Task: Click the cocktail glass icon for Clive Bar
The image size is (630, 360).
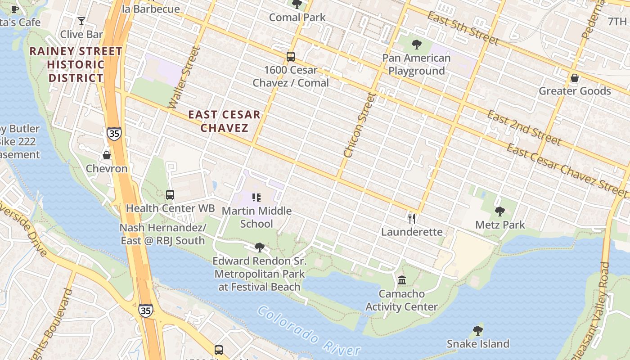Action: [81, 21]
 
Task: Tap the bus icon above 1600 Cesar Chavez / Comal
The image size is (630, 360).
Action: [291, 57]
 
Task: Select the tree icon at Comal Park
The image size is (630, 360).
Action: [297, 4]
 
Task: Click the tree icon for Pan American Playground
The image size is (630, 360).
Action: [417, 45]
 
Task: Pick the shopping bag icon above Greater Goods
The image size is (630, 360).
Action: [575, 78]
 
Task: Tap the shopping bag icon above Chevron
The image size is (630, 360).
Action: [107, 155]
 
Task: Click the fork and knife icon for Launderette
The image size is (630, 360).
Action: [412, 219]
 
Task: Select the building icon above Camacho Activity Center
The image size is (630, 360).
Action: [402, 280]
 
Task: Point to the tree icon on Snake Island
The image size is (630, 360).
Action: [478, 331]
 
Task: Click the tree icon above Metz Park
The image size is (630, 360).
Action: [500, 211]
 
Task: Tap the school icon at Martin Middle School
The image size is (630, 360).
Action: [256, 198]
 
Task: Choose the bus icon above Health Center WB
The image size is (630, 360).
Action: [170, 195]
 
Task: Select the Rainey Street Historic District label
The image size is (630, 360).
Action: [76, 64]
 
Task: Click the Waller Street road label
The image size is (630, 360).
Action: [183, 77]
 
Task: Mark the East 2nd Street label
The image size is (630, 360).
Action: [524, 128]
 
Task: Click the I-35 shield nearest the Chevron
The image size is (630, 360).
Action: [114, 134]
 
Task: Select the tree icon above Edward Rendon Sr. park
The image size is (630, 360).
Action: [259, 247]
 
